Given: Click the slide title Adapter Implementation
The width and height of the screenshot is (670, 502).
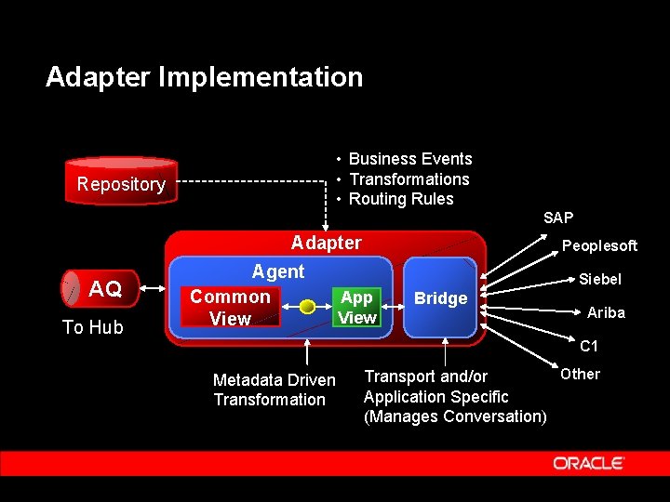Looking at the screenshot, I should pyautogui.click(x=204, y=76).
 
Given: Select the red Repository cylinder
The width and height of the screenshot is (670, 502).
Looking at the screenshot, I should pyautogui.click(x=121, y=183).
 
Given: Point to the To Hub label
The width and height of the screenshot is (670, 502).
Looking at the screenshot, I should pyautogui.click(x=93, y=327).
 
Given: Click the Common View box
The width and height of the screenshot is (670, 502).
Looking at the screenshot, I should pyautogui.click(x=230, y=308).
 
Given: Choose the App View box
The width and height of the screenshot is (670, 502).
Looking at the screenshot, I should pyautogui.click(x=356, y=308).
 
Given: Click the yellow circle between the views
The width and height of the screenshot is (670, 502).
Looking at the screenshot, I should pyautogui.click(x=306, y=307).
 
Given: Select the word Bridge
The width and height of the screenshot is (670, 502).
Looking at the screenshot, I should pyautogui.click(x=440, y=298).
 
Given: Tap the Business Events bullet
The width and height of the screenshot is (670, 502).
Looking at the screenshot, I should pyautogui.click(x=409, y=159).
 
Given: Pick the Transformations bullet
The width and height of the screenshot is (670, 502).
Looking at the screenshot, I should pyautogui.click(x=409, y=179).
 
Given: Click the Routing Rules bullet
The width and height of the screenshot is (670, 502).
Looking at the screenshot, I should pyautogui.click(x=400, y=199).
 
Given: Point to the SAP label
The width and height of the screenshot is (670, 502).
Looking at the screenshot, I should pyautogui.click(x=558, y=218).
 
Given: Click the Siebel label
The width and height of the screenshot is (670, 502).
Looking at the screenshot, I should pyautogui.click(x=600, y=279).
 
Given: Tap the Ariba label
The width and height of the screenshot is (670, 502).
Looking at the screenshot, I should pyautogui.click(x=606, y=312).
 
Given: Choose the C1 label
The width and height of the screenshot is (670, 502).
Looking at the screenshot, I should pyautogui.click(x=589, y=347).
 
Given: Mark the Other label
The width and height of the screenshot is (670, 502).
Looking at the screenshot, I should pyautogui.click(x=580, y=374).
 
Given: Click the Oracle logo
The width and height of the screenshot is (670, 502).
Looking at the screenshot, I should pyautogui.click(x=589, y=463).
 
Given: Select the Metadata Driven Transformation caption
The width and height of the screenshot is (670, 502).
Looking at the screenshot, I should pyautogui.click(x=274, y=390).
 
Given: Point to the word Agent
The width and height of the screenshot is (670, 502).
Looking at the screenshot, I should pyautogui.click(x=278, y=271).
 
